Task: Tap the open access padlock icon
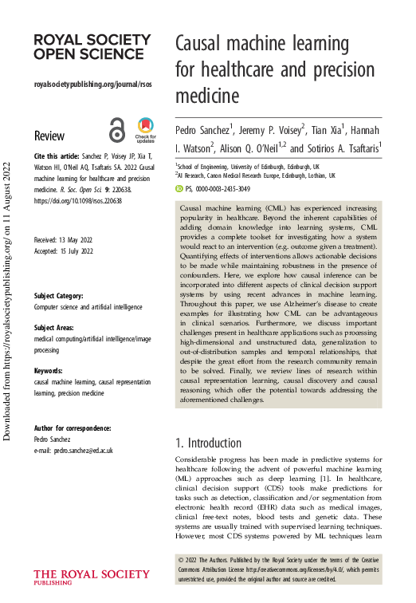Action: tap(117, 129)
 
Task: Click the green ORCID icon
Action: tap(179, 189)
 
